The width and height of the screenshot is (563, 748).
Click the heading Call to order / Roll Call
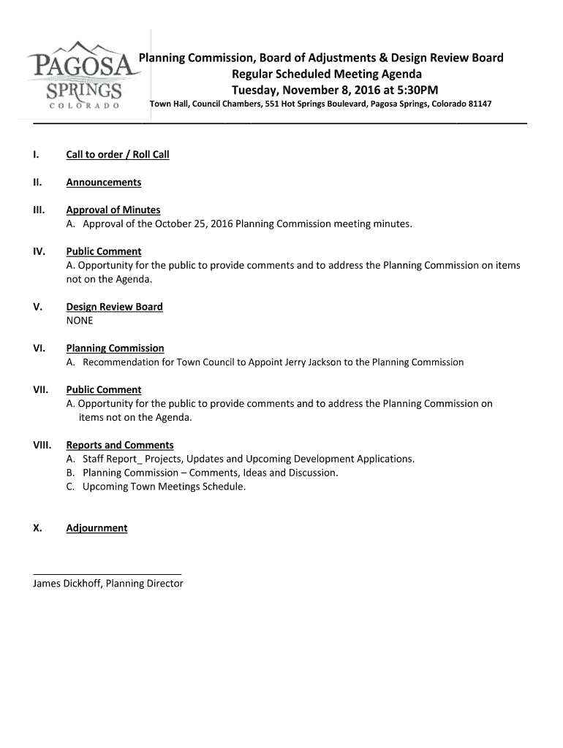[118, 155]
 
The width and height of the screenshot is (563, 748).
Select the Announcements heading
[104, 183]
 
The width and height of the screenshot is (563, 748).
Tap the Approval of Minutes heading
[113, 210]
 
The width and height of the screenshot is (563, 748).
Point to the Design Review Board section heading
[115, 307]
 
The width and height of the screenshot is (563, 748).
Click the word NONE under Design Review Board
[80, 321]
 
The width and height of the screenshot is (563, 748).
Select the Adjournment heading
[97, 528]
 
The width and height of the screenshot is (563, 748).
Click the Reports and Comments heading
[120, 445]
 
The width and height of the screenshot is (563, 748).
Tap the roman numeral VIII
[42, 445]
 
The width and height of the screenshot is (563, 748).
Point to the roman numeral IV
[39, 252]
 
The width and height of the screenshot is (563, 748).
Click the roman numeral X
[37, 528]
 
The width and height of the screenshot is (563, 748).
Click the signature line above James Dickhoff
[107, 574]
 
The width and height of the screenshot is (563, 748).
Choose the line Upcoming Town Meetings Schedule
[165, 486]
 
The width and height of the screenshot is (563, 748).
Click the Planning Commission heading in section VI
[116, 348]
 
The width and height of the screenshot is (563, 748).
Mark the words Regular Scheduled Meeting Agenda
[327, 74]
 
